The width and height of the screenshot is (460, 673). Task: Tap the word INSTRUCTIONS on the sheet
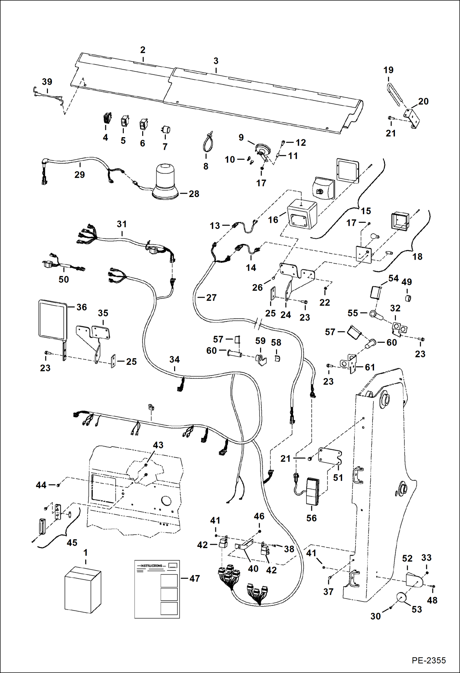click(151, 566)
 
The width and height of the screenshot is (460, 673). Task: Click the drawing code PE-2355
click(428, 660)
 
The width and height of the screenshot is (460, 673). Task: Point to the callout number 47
click(195, 578)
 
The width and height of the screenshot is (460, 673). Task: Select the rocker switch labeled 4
click(107, 118)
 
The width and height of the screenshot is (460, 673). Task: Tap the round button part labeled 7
click(166, 130)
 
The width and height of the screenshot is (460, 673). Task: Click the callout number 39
click(47, 82)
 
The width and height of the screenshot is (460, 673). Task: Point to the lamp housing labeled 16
click(302, 214)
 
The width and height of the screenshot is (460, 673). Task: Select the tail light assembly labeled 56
click(313, 491)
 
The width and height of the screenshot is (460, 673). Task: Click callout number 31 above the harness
click(122, 224)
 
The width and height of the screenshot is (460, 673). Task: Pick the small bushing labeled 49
click(408, 298)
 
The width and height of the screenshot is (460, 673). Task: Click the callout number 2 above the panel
click(143, 50)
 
